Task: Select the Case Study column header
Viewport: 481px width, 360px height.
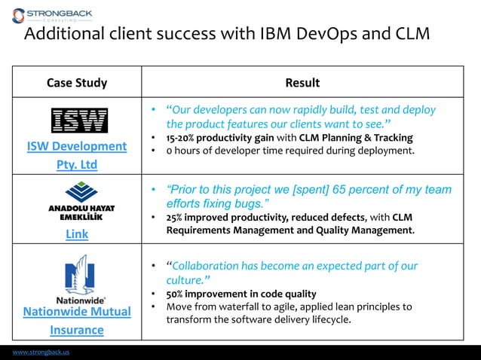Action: pyautogui.click(x=77, y=83)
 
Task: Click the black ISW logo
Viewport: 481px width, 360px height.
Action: pyautogui.click(x=78, y=121)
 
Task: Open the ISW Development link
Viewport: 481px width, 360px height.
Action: pyautogui.click(x=77, y=146)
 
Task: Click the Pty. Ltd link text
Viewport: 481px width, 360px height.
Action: pyautogui.click(x=77, y=164)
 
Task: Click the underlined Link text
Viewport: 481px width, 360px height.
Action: pyautogui.click(x=77, y=234)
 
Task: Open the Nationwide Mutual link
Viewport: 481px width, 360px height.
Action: pyautogui.click(x=77, y=311)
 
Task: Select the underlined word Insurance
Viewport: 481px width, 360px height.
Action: pyautogui.click(x=77, y=330)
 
